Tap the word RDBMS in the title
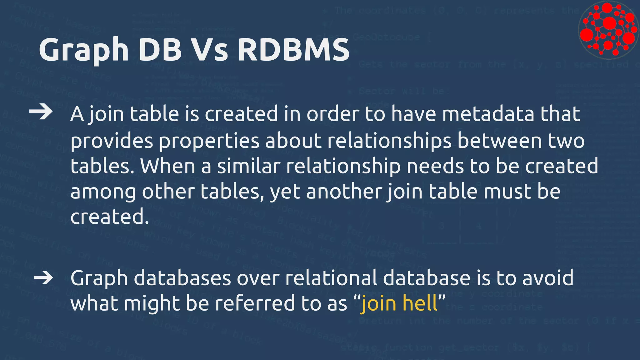(x=293, y=49)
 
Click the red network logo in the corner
(x=607, y=30)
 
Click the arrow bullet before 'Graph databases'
(x=43, y=277)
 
